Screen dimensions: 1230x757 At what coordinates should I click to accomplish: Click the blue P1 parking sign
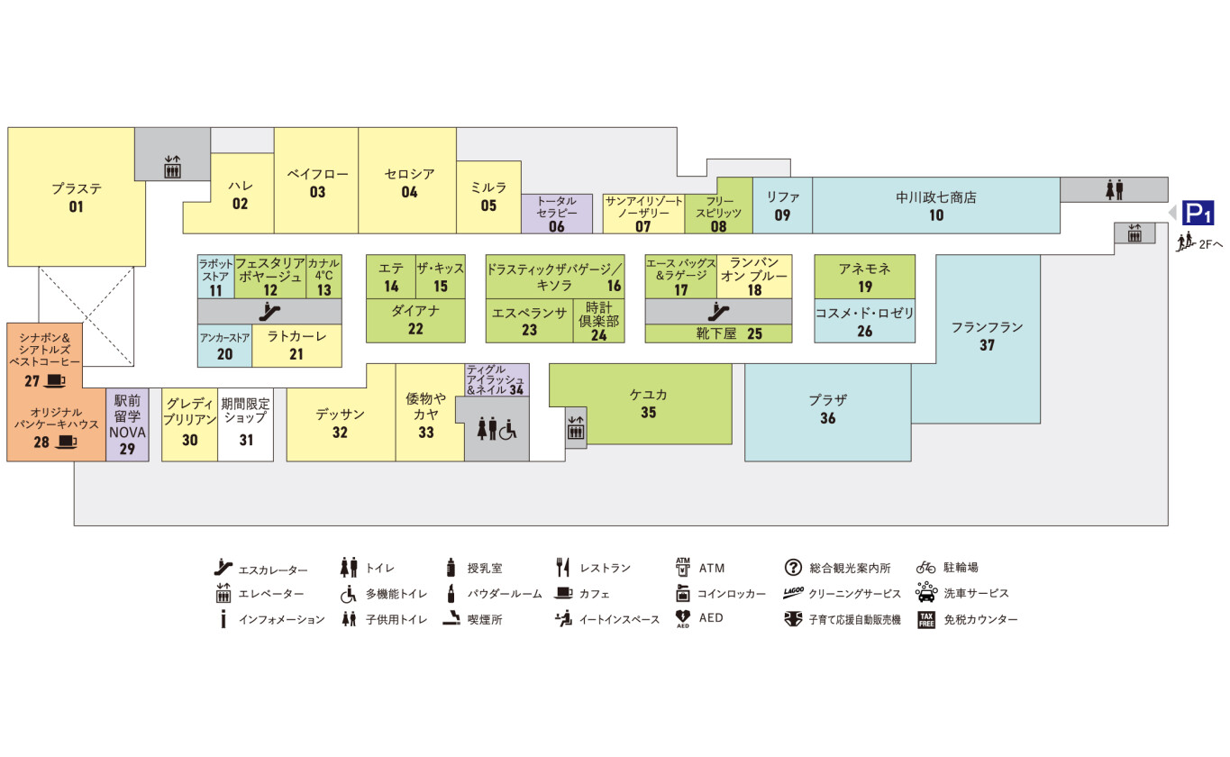1198,214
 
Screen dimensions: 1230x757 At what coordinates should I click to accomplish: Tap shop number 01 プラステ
77,196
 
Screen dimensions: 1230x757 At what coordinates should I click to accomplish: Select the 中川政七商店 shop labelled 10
936,205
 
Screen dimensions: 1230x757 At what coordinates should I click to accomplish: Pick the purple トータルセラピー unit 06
557,214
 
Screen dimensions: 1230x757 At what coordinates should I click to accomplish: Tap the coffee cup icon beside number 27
54,380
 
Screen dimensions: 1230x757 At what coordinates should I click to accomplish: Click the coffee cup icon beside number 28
67,442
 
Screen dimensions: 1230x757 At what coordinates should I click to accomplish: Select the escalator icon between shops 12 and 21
269,312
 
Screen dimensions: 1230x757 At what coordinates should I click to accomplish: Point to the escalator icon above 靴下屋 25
718,312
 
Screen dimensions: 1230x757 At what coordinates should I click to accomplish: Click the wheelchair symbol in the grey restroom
508,430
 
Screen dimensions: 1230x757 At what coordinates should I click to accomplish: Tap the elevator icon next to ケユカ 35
576,427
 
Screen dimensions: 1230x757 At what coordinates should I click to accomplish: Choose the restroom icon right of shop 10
1115,189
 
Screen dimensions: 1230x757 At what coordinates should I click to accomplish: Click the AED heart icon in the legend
682,617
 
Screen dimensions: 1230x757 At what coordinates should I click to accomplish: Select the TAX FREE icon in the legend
926,620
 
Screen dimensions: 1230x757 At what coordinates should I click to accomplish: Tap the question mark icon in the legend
793,567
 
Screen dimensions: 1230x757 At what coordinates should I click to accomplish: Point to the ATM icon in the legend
682,567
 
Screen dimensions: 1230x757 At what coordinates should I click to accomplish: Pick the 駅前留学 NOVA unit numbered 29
127,424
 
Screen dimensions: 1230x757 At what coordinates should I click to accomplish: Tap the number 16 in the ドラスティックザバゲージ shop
614,286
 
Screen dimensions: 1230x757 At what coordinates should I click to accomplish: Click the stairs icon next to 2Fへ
1185,242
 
